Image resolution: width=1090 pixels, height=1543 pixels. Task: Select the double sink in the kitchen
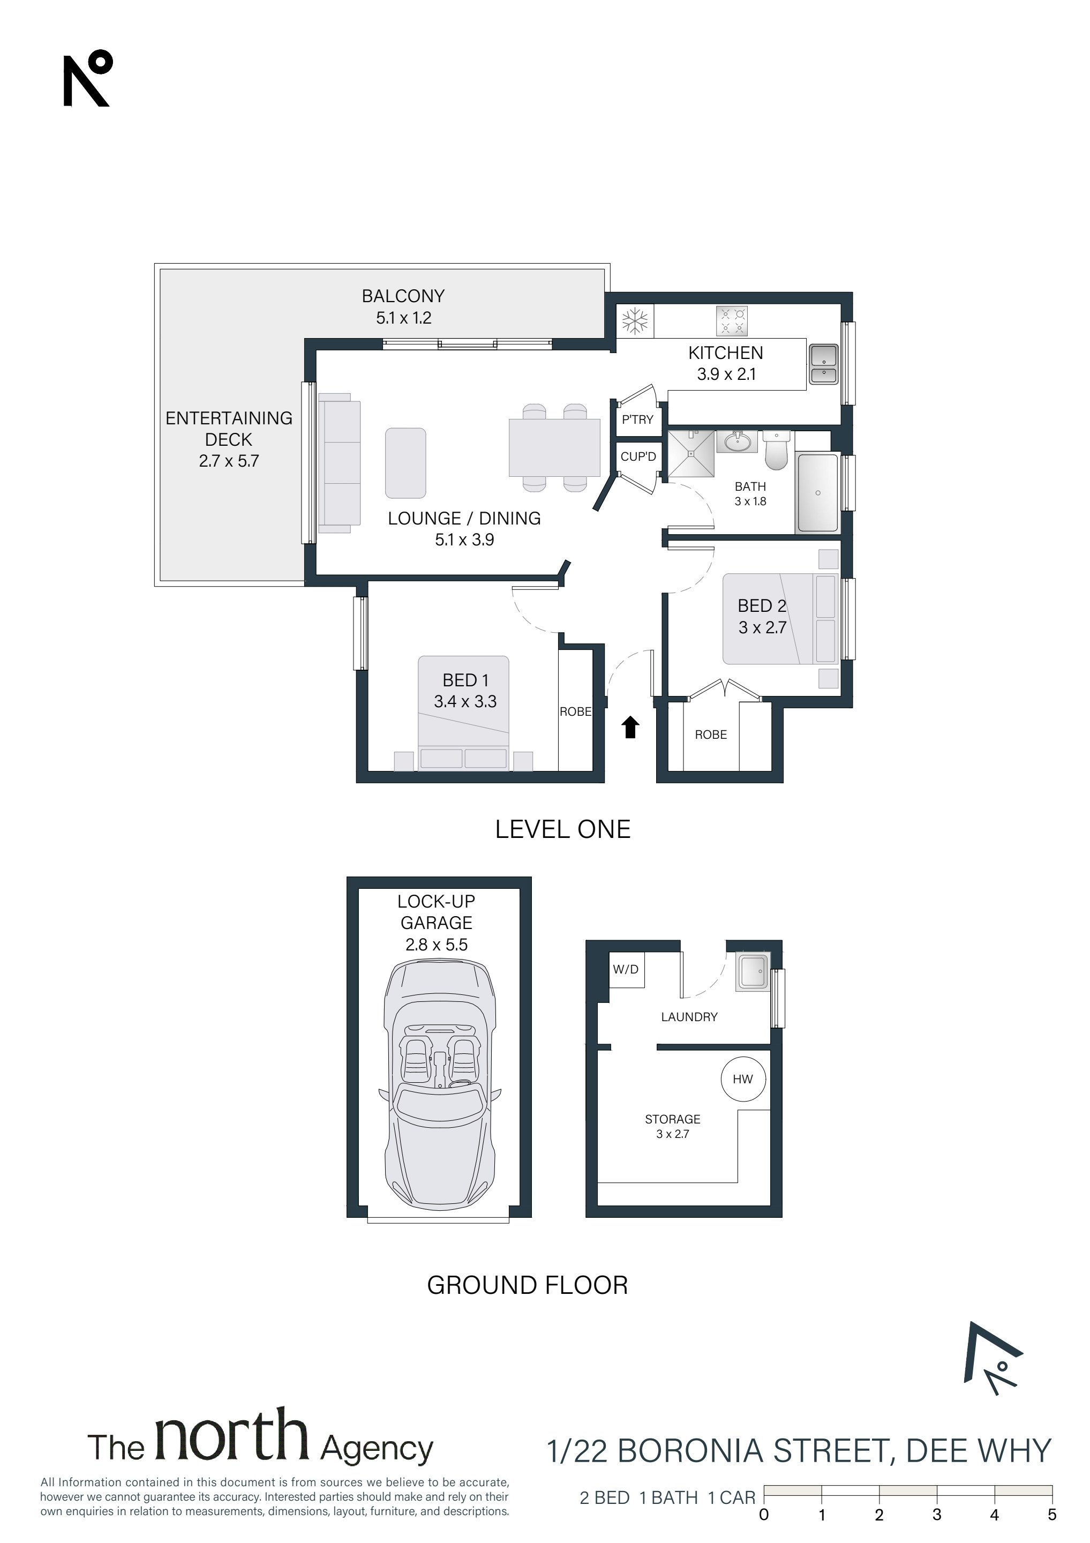[823, 364]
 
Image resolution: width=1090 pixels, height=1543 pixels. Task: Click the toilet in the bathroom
[776, 450]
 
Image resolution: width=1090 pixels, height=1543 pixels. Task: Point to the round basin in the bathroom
[738, 441]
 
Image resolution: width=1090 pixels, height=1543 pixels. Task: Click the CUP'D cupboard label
[638, 457]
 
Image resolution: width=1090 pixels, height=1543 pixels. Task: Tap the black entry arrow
[630, 727]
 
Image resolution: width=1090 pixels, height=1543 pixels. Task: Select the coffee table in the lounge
[405, 463]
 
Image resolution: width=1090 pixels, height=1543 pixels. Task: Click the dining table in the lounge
[554, 447]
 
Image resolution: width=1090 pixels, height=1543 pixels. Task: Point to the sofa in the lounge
[340, 463]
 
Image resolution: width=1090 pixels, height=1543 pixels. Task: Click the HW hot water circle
[742, 1079]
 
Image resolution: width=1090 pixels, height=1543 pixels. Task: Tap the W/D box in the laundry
[626, 970]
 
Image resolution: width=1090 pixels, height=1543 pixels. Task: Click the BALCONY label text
[403, 296]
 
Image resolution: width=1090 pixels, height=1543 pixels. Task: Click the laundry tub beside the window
[752, 972]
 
